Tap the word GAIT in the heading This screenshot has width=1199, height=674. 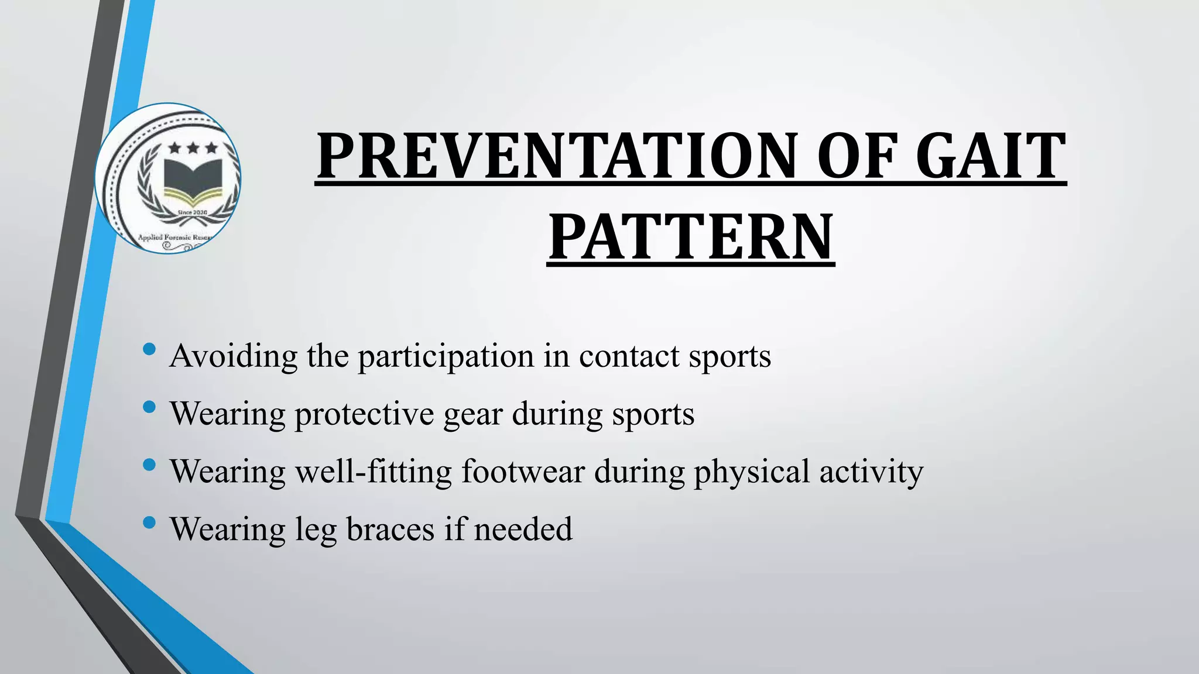click(990, 156)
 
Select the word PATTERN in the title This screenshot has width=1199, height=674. click(691, 238)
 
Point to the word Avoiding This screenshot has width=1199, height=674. click(233, 356)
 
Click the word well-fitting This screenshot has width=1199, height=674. click(374, 472)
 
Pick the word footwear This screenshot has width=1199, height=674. click(523, 472)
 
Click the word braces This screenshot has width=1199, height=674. click(390, 529)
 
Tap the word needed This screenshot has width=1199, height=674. click(523, 529)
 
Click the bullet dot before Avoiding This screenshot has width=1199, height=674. click(149, 350)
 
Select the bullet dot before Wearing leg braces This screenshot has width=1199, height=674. click(149, 522)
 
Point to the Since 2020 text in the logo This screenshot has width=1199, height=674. click(192, 212)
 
